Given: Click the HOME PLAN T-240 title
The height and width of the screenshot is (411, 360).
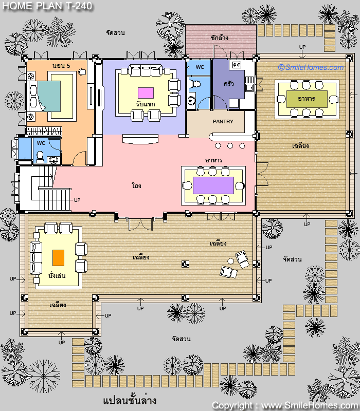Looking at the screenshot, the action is pyautogui.click(x=47, y=6).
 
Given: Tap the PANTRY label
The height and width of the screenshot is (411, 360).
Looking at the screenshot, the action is pyautogui.click(x=223, y=121).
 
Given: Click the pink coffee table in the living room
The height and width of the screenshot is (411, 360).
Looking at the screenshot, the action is pyautogui.click(x=146, y=93).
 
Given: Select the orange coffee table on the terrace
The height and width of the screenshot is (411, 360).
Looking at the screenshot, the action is pyautogui.click(x=58, y=258).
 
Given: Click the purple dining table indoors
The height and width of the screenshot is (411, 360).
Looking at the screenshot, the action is pyautogui.click(x=213, y=185).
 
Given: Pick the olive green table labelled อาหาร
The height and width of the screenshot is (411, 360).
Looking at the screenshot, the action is pyautogui.click(x=307, y=99).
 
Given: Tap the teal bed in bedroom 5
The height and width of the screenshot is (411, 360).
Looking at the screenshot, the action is pyautogui.click(x=49, y=96).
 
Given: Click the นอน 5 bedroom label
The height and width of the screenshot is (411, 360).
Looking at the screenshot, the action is pyautogui.click(x=61, y=66).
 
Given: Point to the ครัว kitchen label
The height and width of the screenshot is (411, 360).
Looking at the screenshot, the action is pyautogui.click(x=228, y=84).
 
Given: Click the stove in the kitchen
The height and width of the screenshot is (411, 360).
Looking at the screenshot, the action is pyautogui.click(x=237, y=65).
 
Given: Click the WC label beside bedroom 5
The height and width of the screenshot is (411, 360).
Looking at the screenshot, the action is pyautogui.click(x=41, y=143).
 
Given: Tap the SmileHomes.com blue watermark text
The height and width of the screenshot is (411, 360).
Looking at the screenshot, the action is pyautogui.click(x=311, y=67).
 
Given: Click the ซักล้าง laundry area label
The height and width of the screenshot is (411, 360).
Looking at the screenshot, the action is pyautogui.click(x=220, y=38).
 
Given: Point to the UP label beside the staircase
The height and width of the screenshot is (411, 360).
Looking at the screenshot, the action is pyautogui.click(x=77, y=200).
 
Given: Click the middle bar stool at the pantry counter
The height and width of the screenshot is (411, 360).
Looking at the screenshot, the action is pyautogui.click(x=230, y=146).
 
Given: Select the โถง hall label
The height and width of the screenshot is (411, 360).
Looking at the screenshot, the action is pyautogui.click(x=136, y=185).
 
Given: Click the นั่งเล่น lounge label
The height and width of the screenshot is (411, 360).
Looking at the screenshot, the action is pyautogui.click(x=57, y=275).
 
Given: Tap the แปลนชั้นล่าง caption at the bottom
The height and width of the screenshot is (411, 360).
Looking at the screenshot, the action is pyautogui.click(x=130, y=400).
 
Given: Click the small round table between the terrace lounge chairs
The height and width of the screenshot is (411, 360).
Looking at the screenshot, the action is pyautogui.click(x=230, y=261).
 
